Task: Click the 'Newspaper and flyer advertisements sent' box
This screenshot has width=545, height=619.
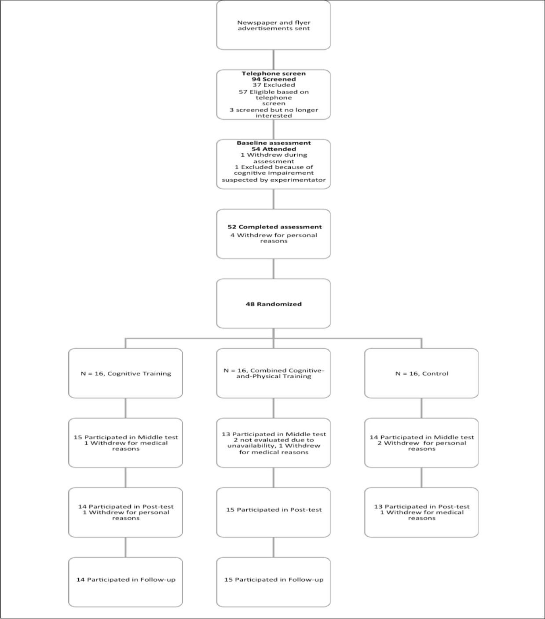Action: (273, 26)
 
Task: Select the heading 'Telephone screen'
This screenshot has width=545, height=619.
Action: (273, 74)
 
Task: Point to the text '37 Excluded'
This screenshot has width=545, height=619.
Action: (273, 85)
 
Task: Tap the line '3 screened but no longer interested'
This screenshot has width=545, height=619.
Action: (273, 113)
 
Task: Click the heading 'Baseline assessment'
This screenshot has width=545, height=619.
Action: (273, 143)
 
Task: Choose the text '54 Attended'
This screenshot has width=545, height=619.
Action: (273, 149)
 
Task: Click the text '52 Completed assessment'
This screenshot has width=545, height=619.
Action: (274, 227)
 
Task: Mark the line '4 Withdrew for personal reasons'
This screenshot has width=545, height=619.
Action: (273, 238)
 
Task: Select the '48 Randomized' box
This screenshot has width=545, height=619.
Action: (273, 304)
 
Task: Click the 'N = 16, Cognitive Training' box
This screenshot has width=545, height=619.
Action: (125, 373)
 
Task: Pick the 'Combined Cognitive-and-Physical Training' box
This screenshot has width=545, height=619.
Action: (273, 373)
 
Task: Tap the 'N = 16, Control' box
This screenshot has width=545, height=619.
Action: (421, 373)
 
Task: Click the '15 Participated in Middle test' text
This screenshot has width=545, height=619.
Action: (125, 437)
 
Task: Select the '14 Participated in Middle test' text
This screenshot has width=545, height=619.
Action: (421, 437)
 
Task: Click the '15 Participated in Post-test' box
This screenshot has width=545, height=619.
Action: (273, 510)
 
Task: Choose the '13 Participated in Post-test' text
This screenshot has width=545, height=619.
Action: (421, 507)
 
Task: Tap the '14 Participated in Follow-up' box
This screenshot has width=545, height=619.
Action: (125, 580)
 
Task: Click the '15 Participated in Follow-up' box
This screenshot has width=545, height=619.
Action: (273, 580)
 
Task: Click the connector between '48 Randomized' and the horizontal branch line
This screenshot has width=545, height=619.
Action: (273, 333)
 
